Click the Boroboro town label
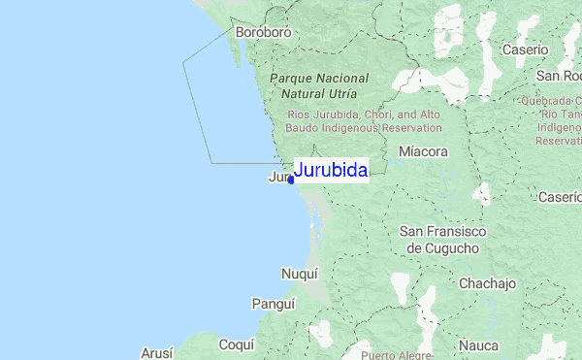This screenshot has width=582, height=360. (x=263, y=32)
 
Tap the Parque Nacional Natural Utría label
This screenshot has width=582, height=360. (x=319, y=86)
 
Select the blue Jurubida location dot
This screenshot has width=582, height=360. (x=291, y=180)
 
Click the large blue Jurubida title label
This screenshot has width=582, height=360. (x=330, y=171)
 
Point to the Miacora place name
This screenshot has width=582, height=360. (x=423, y=152)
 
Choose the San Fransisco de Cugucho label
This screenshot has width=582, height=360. (x=439, y=240)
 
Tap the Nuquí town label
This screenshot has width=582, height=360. (x=299, y=275)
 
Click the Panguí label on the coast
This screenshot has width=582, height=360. (x=273, y=304)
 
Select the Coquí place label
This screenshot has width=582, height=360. (x=236, y=344)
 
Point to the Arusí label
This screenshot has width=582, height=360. (x=156, y=352)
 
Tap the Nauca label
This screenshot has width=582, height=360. (x=478, y=344)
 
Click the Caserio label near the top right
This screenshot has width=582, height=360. (x=525, y=49)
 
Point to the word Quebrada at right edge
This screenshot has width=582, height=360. (x=549, y=100)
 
